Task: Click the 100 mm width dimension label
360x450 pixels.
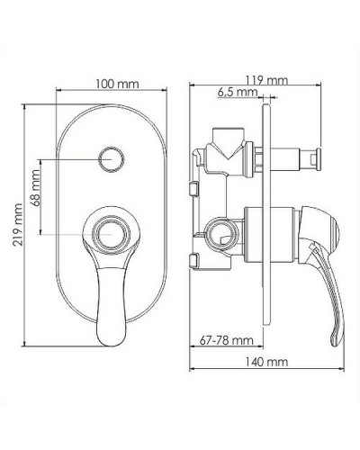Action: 117,84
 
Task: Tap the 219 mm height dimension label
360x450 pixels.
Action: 18,225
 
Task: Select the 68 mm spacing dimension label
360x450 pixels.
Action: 35,188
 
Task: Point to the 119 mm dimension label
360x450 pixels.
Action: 266,80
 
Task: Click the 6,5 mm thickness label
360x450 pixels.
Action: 238,92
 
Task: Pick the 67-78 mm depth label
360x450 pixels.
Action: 227,340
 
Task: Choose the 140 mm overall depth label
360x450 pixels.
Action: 266,362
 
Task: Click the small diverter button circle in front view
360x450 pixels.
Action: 112,159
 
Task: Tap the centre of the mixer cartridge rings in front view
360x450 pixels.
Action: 112,234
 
